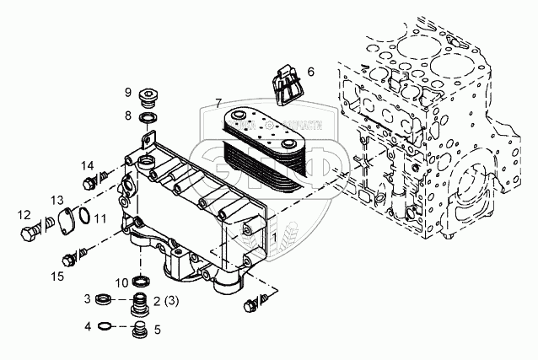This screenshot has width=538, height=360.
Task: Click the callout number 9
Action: coord(129,92)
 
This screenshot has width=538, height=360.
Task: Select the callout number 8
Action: coord(129,115)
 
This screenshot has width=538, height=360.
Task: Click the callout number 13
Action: coord(56,199)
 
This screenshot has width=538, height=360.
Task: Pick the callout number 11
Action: coord(100,219)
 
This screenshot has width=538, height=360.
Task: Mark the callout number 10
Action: coord(121,282)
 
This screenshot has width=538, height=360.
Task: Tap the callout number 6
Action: coord(310,72)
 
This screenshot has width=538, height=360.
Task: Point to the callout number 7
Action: coord(218,103)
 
